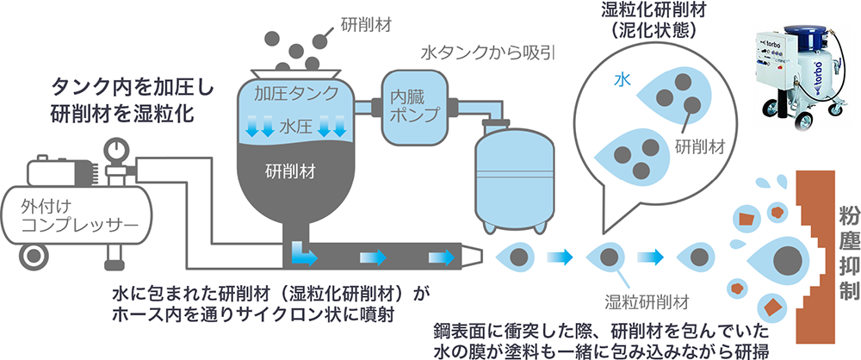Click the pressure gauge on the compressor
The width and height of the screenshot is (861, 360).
pyautogui.click(x=113, y=150)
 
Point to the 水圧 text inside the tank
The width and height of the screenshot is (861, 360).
pyautogui.click(x=295, y=127)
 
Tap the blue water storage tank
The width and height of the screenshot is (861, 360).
pyautogui.click(x=514, y=176)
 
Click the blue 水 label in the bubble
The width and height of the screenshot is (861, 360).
pyautogui.click(x=619, y=78)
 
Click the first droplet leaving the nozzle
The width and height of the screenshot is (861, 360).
pyautogui.click(x=518, y=256)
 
